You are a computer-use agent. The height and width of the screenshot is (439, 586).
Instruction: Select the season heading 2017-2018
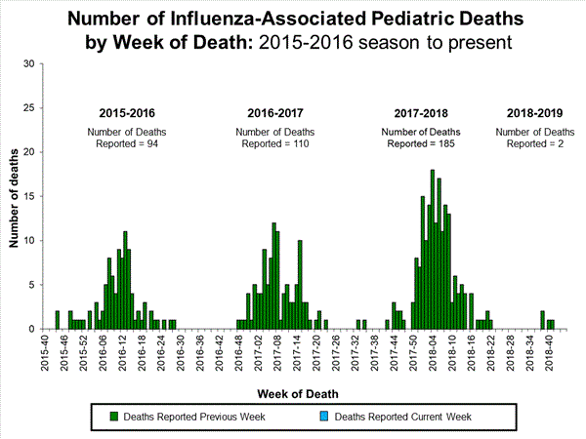point(420,111)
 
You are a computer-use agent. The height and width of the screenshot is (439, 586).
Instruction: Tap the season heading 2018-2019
point(534,111)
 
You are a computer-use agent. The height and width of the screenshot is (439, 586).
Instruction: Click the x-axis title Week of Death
point(299,393)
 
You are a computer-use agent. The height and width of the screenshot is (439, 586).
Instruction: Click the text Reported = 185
point(420,144)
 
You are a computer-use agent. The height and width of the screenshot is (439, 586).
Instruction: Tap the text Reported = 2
point(534,144)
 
